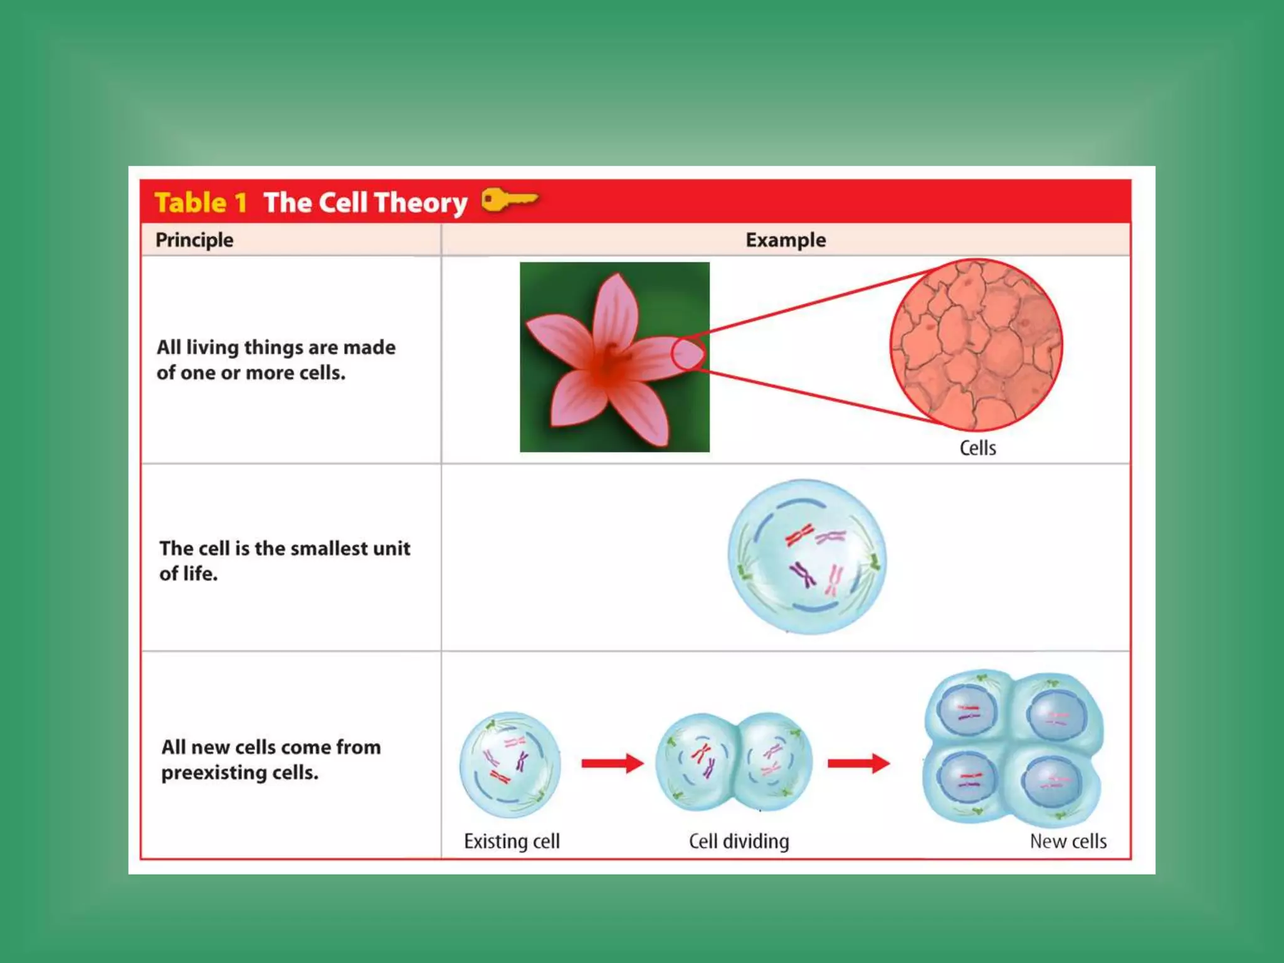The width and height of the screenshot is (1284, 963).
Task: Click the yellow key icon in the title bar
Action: [x=508, y=201]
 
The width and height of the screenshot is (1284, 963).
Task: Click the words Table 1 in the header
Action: [x=201, y=203]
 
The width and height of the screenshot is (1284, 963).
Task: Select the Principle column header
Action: [x=194, y=240]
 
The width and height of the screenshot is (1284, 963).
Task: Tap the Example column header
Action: [x=785, y=240]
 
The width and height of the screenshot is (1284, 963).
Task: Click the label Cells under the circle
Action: [x=977, y=448]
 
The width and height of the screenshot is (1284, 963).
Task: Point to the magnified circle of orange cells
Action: [x=976, y=345]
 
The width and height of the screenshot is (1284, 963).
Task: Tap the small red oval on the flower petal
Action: [x=688, y=354]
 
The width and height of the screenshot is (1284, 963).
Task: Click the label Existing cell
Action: [x=512, y=841]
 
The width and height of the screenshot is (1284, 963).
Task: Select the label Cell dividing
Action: [x=739, y=841]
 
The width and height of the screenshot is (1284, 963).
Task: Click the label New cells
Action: [x=1068, y=841]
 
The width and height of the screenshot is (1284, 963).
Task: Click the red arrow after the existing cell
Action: [x=612, y=763]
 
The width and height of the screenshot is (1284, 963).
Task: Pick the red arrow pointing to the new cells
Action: [x=858, y=763]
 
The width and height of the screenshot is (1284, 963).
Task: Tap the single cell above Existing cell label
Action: [x=510, y=764]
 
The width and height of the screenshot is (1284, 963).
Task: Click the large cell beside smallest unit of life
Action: [x=807, y=557]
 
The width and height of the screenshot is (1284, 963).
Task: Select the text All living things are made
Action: [x=276, y=347]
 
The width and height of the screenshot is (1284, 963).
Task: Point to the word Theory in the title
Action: [x=421, y=203]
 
